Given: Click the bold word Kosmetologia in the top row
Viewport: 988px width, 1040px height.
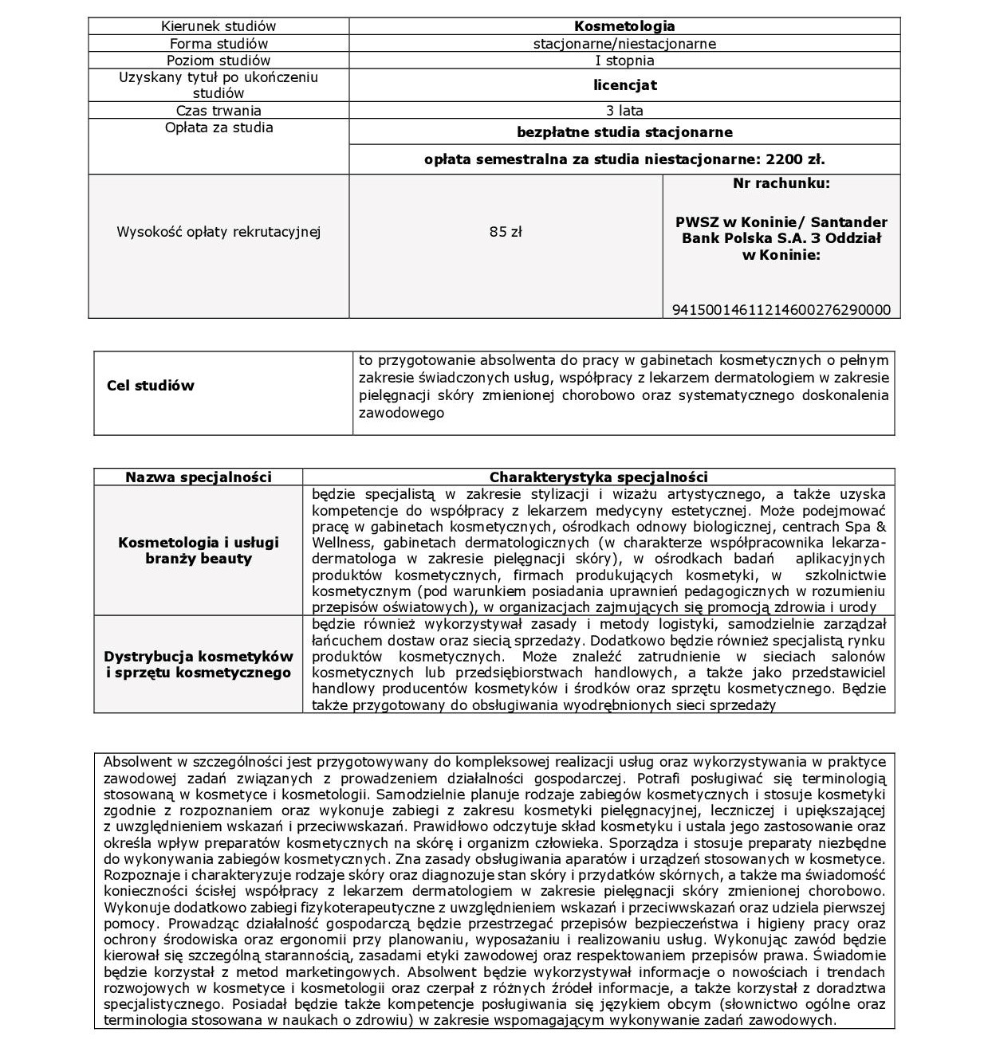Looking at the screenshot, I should (x=624, y=27).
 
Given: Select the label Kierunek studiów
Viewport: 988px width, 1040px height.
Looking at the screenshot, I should (x=218, y=27).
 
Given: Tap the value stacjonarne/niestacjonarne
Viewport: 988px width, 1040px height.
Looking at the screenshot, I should (x=624, y=44).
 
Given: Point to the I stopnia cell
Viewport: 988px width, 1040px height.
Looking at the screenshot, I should (x=624, y=61).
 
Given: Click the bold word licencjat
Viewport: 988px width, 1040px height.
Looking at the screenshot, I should (x=624, y=85).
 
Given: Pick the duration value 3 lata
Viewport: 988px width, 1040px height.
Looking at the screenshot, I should (x=624, y=111).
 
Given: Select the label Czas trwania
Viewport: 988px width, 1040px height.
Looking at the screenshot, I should (x=218, y=111).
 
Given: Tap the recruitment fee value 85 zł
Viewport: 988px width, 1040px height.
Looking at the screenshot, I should (x=506, y=232).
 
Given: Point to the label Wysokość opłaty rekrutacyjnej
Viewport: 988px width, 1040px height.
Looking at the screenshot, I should (x=218, y=232).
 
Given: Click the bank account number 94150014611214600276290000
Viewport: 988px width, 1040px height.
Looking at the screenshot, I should (x=781, y=310).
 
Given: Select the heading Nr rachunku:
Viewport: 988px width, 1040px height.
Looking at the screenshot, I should (x=781, y=183).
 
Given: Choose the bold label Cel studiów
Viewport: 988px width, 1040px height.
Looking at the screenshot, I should (x=151, y=386).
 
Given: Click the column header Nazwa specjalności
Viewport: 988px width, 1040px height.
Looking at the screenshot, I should (x=199, y=477).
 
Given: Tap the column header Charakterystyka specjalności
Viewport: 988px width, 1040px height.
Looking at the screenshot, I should (x=598, y=477).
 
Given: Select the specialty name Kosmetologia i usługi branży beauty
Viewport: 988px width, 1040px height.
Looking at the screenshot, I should (x=199, y=550).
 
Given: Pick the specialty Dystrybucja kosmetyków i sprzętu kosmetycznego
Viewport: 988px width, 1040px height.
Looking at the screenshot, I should (x=199, y=665).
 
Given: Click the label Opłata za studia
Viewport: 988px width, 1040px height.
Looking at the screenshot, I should (x=218, y=128).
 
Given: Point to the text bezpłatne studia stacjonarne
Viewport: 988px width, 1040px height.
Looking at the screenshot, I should (x=624, y=132).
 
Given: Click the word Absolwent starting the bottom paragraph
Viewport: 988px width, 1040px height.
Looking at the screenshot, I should (x=132, y=762).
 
